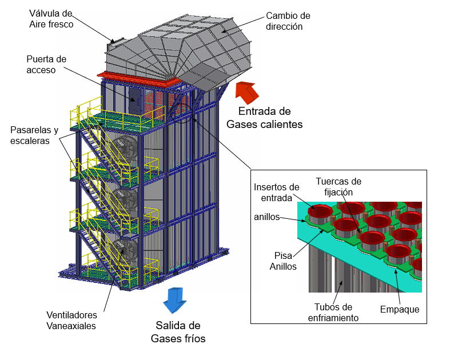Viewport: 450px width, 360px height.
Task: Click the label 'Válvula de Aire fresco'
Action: [x=51, y=18]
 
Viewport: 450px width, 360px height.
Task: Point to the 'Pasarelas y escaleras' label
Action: [x=34, y=135]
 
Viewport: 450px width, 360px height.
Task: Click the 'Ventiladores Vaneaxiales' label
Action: [x=71, y=321]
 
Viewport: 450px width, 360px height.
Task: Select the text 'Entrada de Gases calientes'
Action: [x=264, y=118]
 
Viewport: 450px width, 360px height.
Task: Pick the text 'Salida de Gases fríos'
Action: [x=178, y=332]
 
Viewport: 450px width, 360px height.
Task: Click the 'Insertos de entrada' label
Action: [x=276, y=192]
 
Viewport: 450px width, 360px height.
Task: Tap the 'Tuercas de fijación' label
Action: [x=339, y=187]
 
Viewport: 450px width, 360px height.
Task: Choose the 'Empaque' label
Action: [x=400, y=309]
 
